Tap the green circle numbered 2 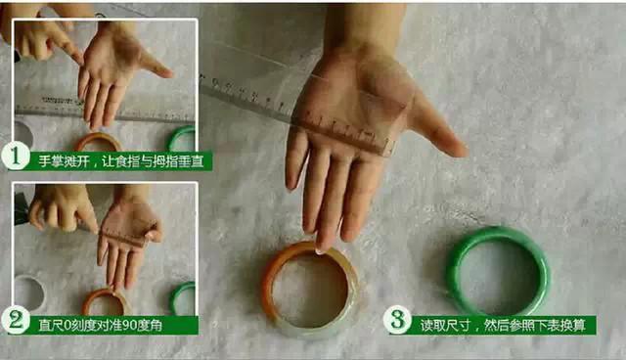[15, 319]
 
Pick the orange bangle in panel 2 [105, 300]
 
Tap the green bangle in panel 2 [182, 296]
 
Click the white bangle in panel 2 [27, 293]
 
